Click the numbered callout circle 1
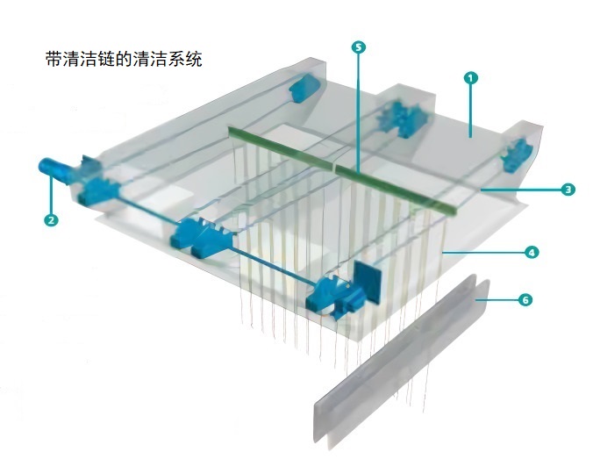(x=471, y=78)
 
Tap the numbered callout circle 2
(x=52, y=220)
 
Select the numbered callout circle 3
(x=568, y=189)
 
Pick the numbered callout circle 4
(x=531, y=252)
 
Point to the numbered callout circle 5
(x=357, y=47)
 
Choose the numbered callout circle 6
(x=525, y=300)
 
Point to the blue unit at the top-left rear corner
(x=304, y=87)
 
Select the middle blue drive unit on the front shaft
(x=200, y=234)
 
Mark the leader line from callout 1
(x=470, y=110)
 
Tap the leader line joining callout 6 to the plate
(x=499, y=300)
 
